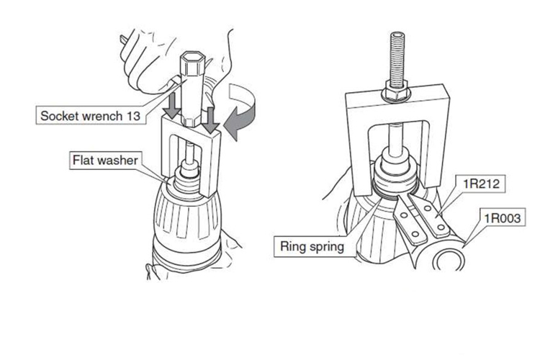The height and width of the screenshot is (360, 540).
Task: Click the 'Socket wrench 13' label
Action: [x=91, y=116]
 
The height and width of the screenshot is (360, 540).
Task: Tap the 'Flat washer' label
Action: [x=105, y=160]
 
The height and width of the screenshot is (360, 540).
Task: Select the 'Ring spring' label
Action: [x=312, y=247]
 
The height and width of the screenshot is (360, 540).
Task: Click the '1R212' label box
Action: [x=482, y=184]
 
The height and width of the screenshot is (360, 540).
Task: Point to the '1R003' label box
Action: [x=502, y=217]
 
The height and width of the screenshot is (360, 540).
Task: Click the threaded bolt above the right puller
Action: [x=397, y=59]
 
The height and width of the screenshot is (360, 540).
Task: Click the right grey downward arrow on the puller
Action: [x=210, y=120]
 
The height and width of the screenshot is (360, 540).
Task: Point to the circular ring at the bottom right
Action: [x=449, y=260]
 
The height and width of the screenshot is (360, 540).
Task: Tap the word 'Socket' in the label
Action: [x=57, y=116]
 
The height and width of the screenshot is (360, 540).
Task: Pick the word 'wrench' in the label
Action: [x=100, y=116]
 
